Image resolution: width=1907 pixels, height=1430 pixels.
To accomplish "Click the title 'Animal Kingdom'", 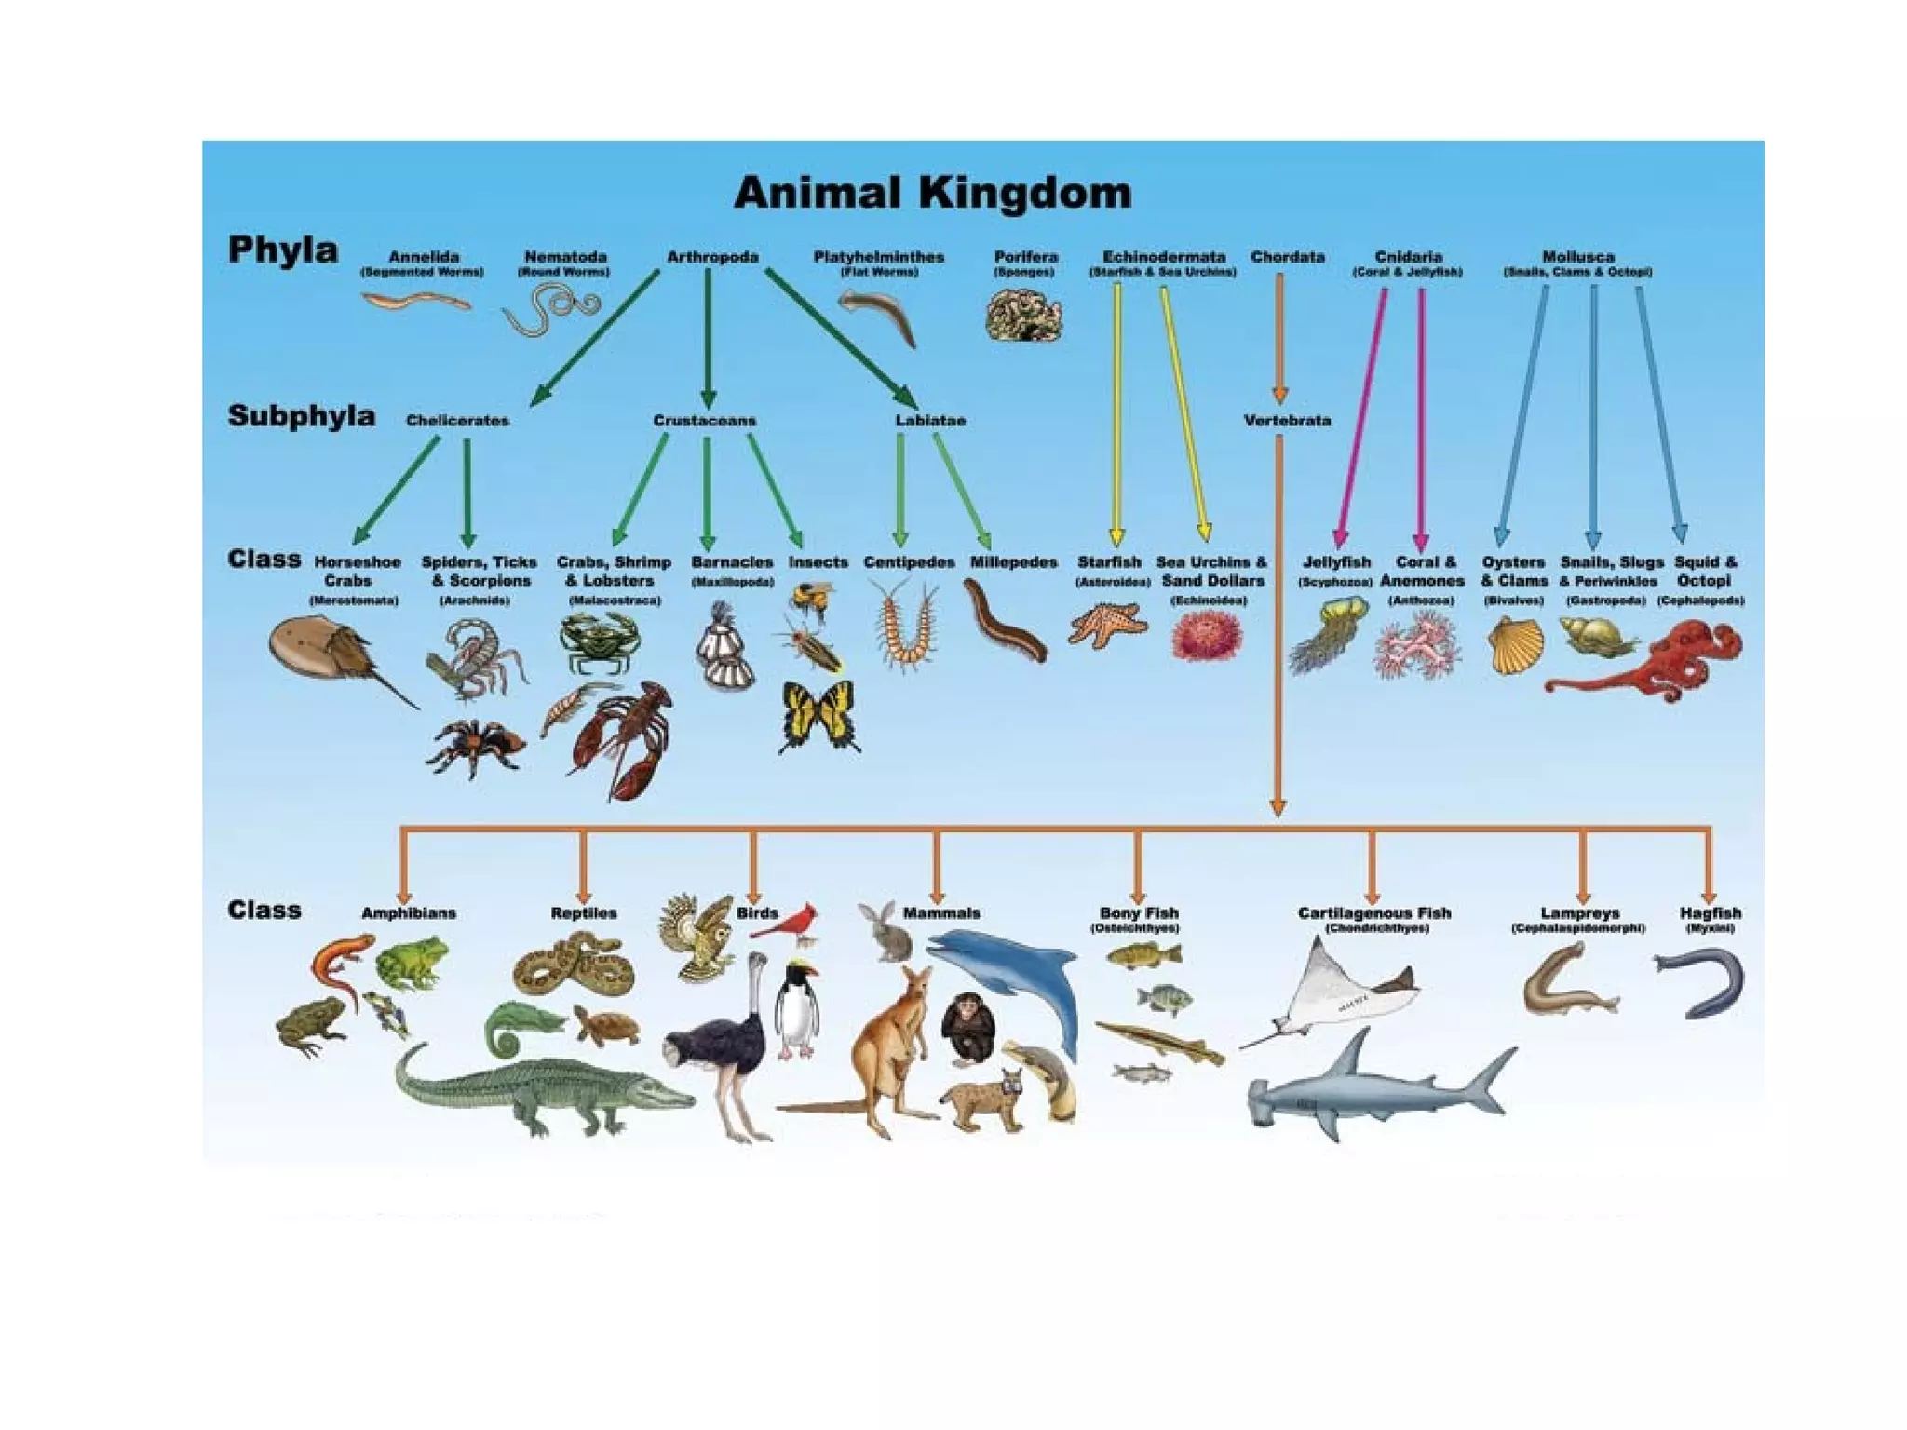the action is [x=932, y=193].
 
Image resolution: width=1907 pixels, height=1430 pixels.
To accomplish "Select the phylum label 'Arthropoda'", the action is [x=712, y=257].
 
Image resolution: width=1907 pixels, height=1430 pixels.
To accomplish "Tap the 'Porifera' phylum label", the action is [x=1025, y=257].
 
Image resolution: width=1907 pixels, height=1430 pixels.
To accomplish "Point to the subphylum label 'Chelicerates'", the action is [x=457, y=421].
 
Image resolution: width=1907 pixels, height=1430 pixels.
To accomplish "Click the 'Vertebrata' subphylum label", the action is [x=1287, y=421].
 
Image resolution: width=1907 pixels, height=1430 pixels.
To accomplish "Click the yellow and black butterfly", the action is [x=819, y=714].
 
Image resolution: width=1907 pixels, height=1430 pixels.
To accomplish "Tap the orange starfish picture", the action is [x=1107, y=624].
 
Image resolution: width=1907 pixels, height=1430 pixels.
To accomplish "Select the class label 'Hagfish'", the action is [x=1710, y=913].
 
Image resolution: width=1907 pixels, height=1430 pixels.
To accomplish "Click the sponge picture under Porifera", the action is [x=1023, y=315].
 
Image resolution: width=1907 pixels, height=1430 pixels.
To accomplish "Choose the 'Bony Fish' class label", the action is [x=1138, y=913].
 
